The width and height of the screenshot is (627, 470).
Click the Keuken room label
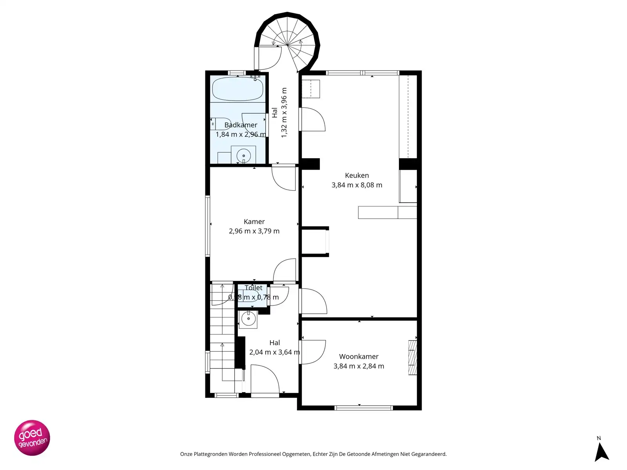[357, 175]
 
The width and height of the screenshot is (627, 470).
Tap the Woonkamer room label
[359, 356]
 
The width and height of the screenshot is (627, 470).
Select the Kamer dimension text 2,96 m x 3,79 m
[254, 231]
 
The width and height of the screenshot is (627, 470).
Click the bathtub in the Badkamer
[237, 89]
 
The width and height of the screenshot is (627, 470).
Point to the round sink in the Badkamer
[243, 155]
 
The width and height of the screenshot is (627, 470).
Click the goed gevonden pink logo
[32, 438]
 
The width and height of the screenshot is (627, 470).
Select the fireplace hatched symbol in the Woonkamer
[412, 358]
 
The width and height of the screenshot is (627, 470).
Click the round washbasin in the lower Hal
[248, 319]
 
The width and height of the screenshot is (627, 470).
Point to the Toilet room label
[254, 288]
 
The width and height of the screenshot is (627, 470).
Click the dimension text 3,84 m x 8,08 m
[357, 185]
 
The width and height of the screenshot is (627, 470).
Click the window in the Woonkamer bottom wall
[363, 408]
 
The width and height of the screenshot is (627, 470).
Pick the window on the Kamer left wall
[208, 226]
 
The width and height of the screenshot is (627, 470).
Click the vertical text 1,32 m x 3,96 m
[284, 113]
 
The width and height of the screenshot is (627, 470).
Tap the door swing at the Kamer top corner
[284, 178]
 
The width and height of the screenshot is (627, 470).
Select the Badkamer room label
[241, 125]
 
